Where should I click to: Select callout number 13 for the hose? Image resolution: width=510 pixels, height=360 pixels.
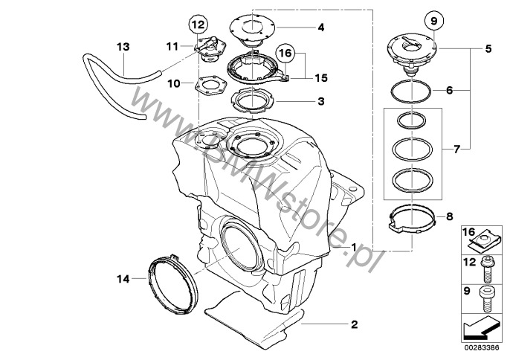click(x=123, y=46)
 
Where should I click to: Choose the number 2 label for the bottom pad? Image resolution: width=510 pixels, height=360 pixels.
click(x=354, y=324)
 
